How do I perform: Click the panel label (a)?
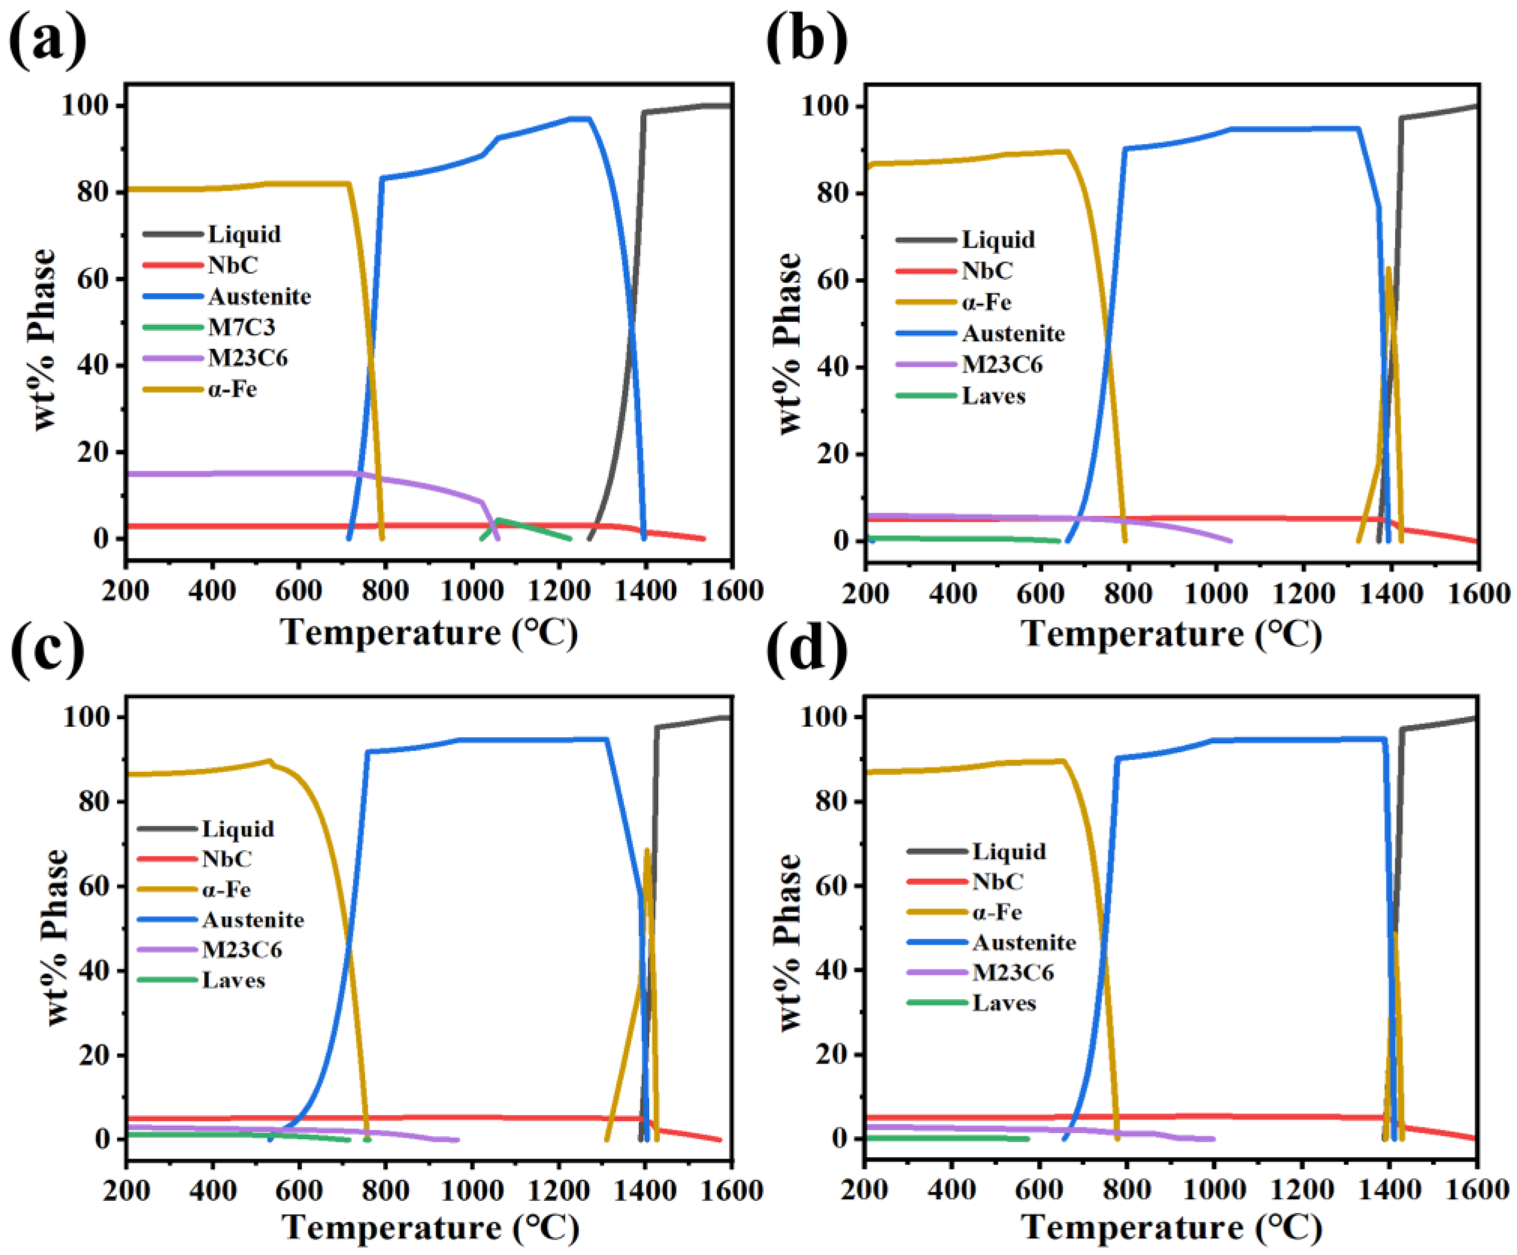click(48, 40)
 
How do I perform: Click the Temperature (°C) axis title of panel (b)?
click(1171, 634)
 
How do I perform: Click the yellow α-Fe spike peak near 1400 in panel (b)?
click(1388, 269)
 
